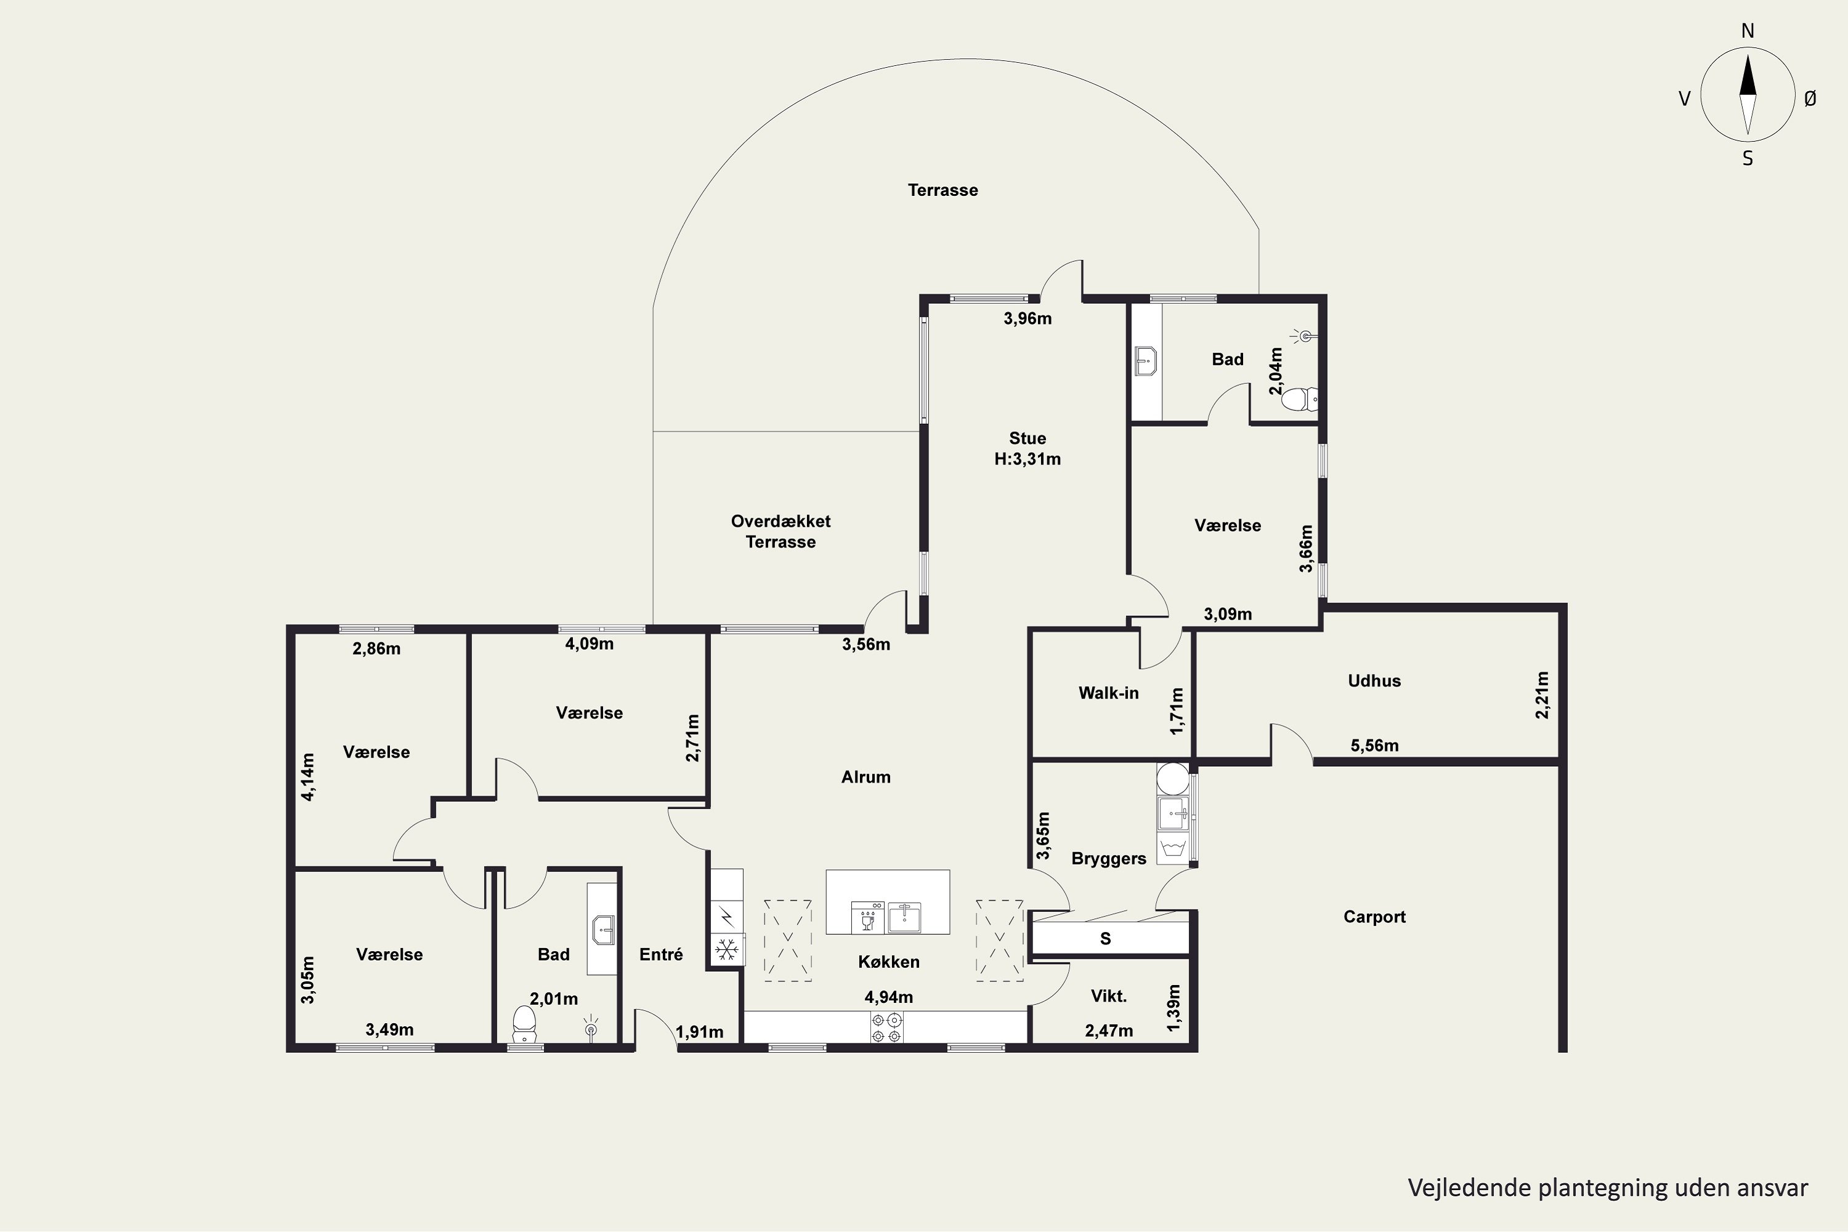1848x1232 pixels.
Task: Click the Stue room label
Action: click(x=1027, y=439)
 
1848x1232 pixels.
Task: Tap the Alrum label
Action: click(x=866, y=777)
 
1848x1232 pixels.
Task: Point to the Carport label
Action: click(x=1374, y=917)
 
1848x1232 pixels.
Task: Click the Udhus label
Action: click(x=1374, y=681)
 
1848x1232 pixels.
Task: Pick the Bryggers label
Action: click(x=1109, y=859)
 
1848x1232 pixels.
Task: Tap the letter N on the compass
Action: click(x=1748, y=31)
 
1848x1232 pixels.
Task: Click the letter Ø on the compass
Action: click(x=1810, y=98)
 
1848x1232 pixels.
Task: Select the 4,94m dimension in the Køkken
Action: click(x=889, y=998)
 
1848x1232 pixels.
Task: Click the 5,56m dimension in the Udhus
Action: click(x=1374, y=745)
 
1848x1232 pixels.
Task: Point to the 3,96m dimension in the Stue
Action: click(x=1027, y=319)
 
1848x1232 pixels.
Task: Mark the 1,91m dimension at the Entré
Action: click(x=699, y=1032)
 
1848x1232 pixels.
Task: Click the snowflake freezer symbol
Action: click(x=727, y=949)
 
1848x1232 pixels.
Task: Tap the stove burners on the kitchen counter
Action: click(x=887, y=1027)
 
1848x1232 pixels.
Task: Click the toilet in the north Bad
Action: click(x=1298, y=400)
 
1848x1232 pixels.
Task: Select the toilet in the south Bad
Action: click(x=524, y=1024)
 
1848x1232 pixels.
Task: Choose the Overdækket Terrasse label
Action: click(x=780, y=531)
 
